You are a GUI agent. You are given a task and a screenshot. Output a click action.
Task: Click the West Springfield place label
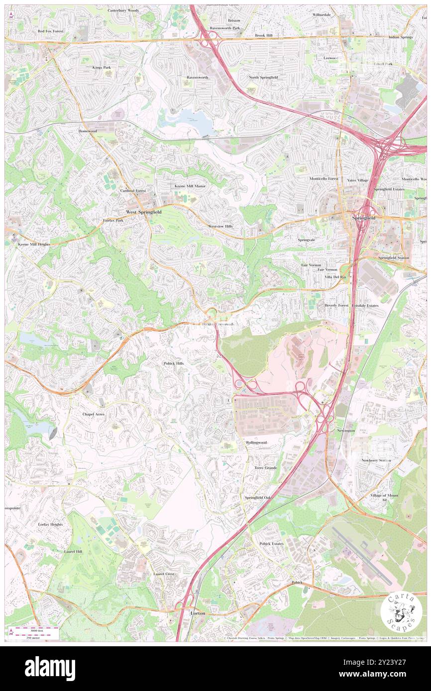(143, 212)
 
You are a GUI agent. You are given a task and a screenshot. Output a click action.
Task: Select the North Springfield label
(263, 78)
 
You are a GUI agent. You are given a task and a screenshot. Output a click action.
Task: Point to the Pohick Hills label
(173, 363)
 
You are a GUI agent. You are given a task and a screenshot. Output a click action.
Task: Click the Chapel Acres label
(93, 414)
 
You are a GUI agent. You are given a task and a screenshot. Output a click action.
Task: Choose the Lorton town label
(198, 613)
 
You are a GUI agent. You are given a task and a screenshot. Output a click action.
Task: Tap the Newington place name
(346, 431)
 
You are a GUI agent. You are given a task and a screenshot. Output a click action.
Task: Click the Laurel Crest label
(164, 574)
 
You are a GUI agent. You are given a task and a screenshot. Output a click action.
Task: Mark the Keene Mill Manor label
(190, 186)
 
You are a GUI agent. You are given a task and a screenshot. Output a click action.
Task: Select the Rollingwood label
(256, 442)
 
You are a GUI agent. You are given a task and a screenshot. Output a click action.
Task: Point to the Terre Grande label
(265, 468)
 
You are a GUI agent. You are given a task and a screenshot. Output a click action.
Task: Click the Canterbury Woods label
(123, 10)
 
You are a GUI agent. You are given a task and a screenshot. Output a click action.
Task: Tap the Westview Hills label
(220, 226)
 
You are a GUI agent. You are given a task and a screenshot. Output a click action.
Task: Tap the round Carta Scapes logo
(401, 612)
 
